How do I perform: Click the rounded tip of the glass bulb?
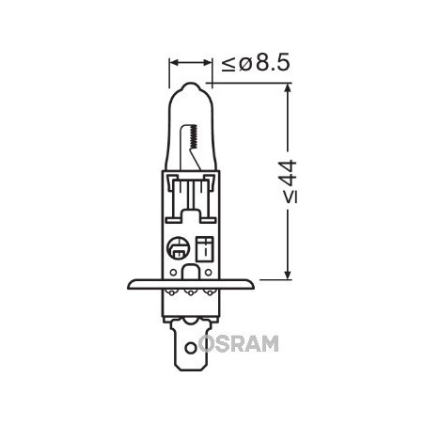(191, 87)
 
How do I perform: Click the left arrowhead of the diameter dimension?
(173, 66)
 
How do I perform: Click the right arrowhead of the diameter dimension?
(209, 66)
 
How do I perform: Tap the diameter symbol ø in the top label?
(241, 66)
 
